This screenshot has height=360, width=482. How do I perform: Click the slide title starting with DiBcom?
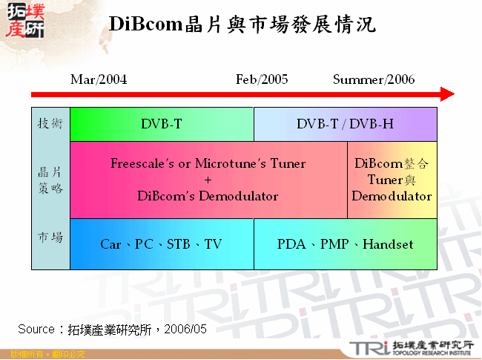(x=242, y=24)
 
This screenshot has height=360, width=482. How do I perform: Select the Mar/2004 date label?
(x=99, y=79)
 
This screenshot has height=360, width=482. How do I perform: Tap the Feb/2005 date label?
(x=262, y=79)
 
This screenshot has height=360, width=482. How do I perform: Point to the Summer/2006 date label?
(x=374, y=79)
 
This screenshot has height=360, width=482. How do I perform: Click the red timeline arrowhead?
(x=446, y=94)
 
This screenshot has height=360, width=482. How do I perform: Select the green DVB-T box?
(x=162, y=124)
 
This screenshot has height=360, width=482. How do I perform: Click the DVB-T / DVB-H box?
(x=345, y=124)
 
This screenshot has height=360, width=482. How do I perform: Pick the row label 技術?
(x=50, y=124)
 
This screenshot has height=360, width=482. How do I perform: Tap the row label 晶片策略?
(x=50, y=180)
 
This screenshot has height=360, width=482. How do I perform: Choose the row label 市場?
(x=50, y=238)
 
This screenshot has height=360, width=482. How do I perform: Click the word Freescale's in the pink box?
(x=141, y=163)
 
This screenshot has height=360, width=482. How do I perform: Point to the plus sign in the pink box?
(x=208, y=180)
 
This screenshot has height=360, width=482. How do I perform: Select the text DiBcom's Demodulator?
(x=208, y=196)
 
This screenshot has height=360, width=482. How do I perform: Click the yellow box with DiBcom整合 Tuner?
(x=392, y=180)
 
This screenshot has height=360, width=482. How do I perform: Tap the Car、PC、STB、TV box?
(x=161, y=244)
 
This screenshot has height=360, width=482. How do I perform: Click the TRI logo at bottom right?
(x=367, y=347)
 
